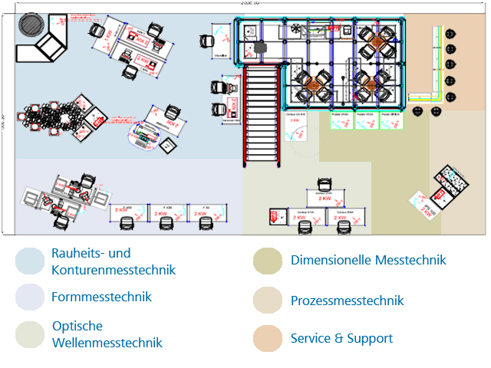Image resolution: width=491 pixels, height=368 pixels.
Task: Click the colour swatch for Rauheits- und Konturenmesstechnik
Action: pos(30,261)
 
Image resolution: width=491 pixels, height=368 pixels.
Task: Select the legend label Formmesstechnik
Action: pos(101,297)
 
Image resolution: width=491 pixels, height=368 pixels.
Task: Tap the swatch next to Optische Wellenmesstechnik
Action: pos(30,334)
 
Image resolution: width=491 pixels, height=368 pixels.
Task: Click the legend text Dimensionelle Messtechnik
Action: pos(368,260)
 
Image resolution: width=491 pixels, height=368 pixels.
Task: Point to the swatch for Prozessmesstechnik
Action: pos(268,301)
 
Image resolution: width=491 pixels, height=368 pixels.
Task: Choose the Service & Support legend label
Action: pos(341,338)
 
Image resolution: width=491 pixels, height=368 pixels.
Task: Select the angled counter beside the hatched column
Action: pos(48,48)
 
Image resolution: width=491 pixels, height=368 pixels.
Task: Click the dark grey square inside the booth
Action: pos(262,48)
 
